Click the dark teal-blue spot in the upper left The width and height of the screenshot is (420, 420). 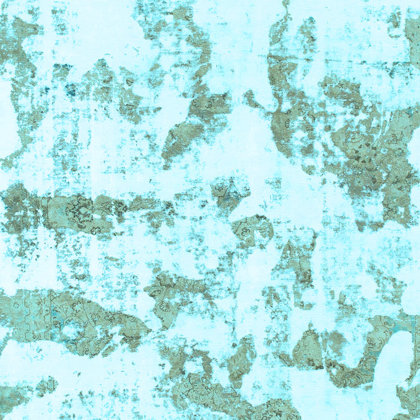click(71, 91)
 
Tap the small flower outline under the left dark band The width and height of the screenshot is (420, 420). click(95, 230)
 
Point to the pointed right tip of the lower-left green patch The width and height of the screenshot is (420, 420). click(148, 329)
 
